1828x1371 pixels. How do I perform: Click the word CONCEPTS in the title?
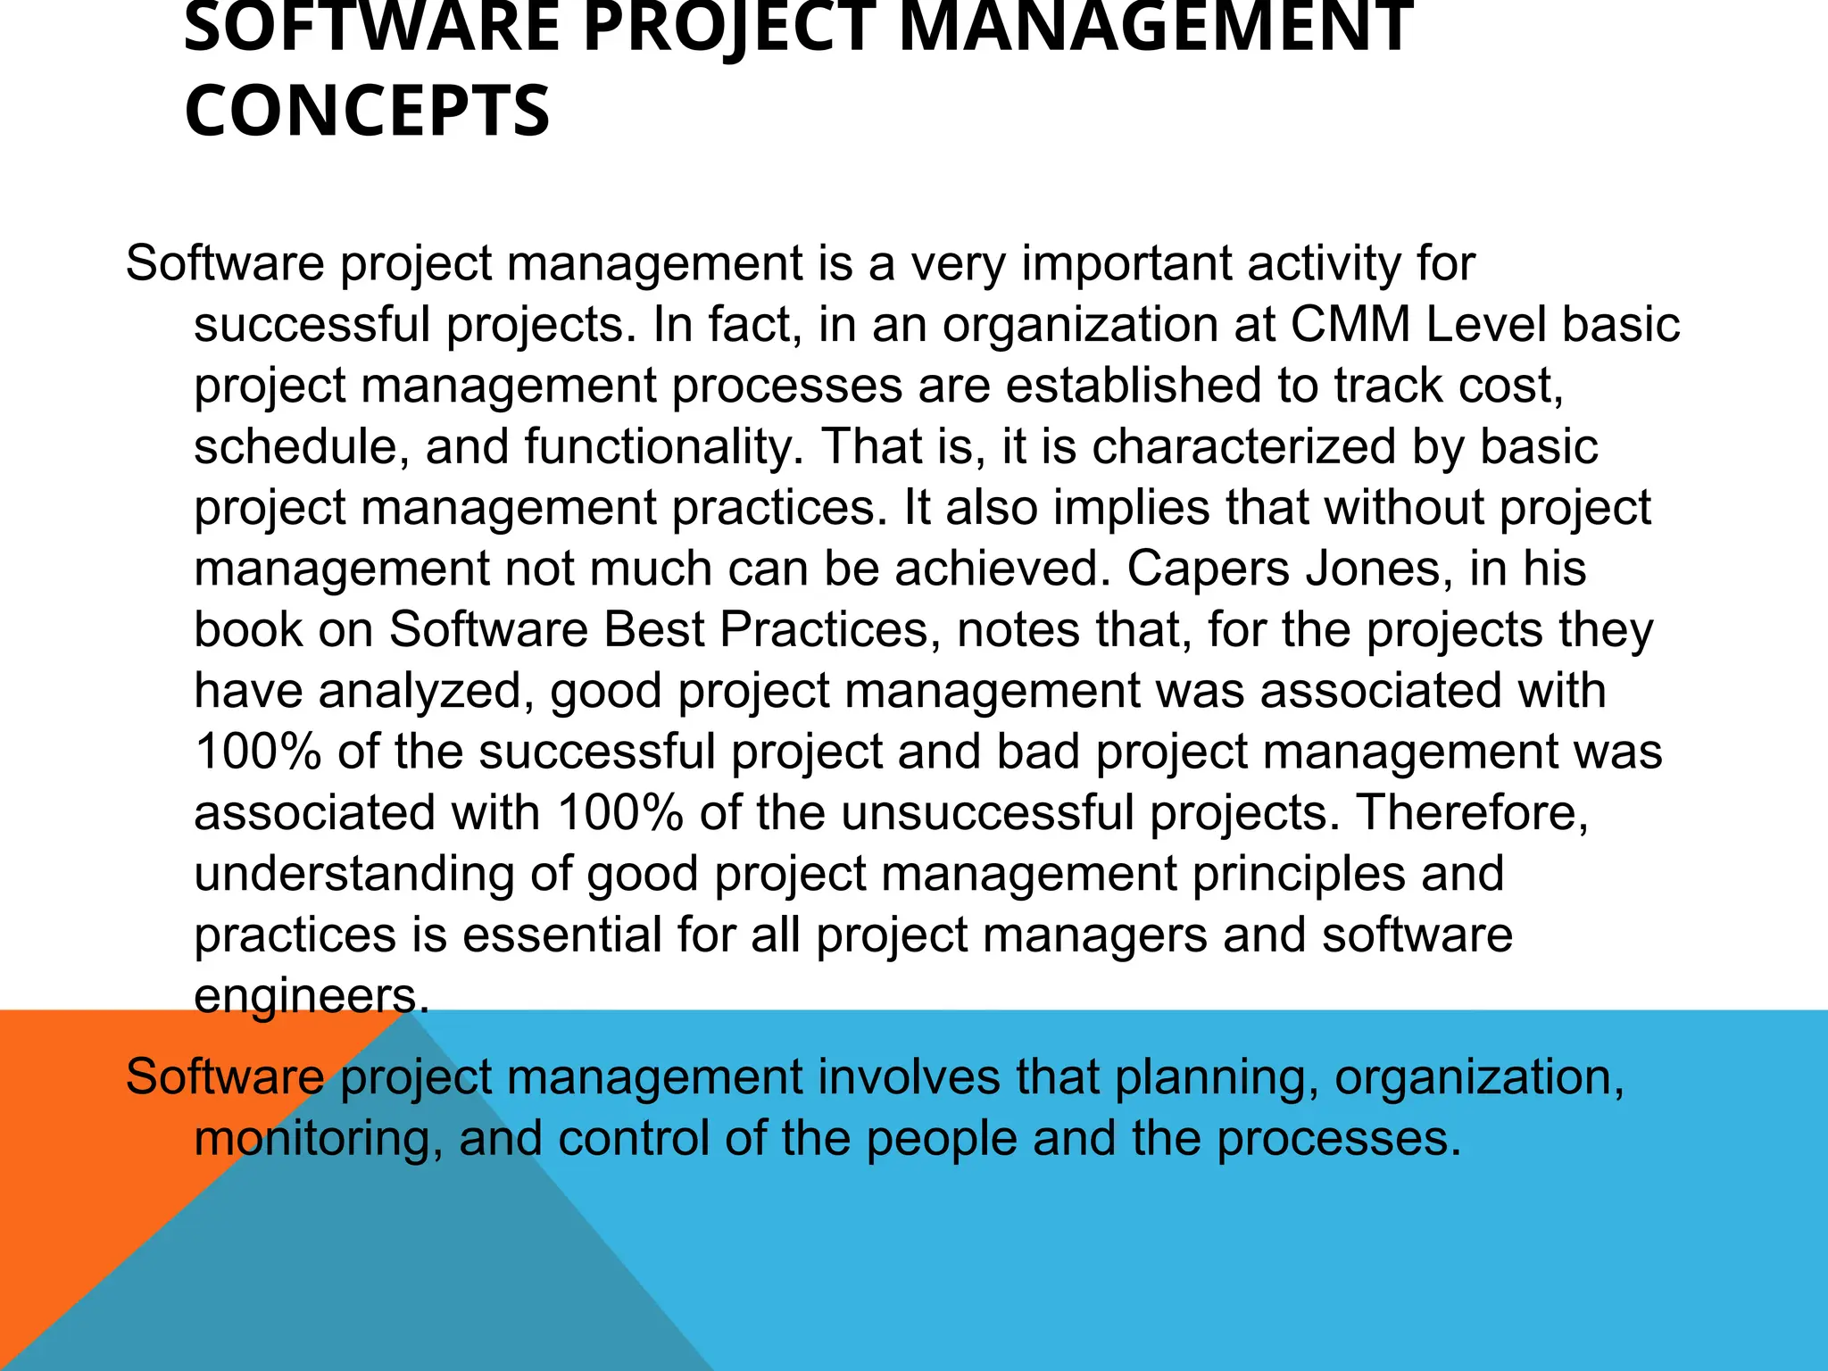coord(367,111)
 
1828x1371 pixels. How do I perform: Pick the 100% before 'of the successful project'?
coord(258,752)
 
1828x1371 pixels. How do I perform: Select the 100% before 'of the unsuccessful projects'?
coord(620,812)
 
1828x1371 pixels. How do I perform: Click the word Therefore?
coord(1471,812)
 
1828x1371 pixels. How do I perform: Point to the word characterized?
coord(1243,446)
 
